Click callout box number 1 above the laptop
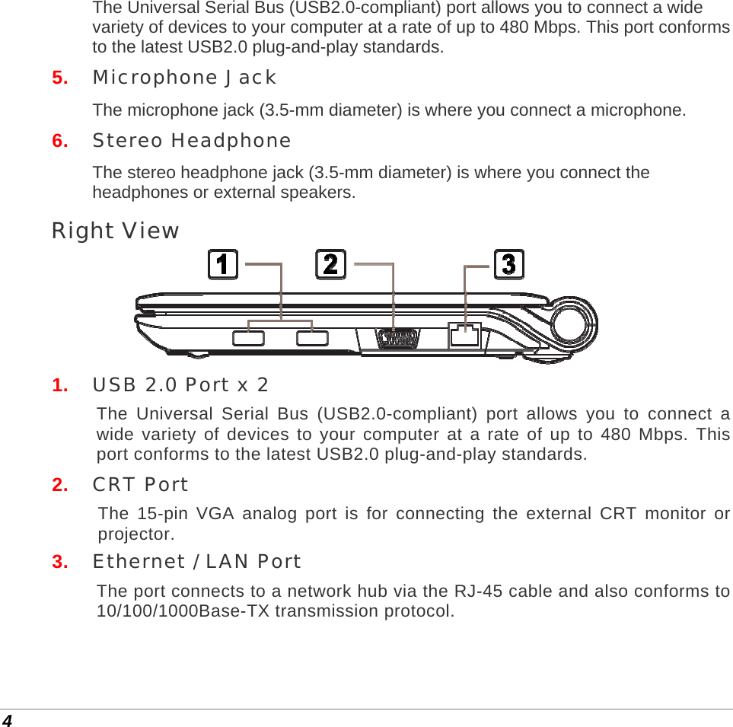pyautogui.click(x=223, y=264)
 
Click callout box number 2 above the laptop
pyautogui.click(x=331, y=264)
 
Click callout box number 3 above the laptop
pyautogui.click(x=509, y=264)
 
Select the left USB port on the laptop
pyautogui.click(x=249, y=338)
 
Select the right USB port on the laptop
pyautogui.click(x=312, y=338)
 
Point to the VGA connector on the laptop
pyautogui.click(x=397, y=337)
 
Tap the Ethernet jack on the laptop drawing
pyautogui.click(x=464, y=335)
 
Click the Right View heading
pyautogui.click(x=115, y=231)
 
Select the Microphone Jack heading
pyautogui.click(x=184, y=78)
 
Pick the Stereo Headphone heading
pyautogui.click(x=192, y=141)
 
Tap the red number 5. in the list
pyautogui.click(x=59, y=78)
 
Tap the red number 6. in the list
pyautogui.click(x=59, y=141)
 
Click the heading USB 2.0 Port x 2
pyautogui.click(x=180, y=385)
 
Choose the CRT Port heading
pyautogui.click(x=140, y=484)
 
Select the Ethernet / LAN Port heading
pyautogui.click(x=196, y=562)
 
